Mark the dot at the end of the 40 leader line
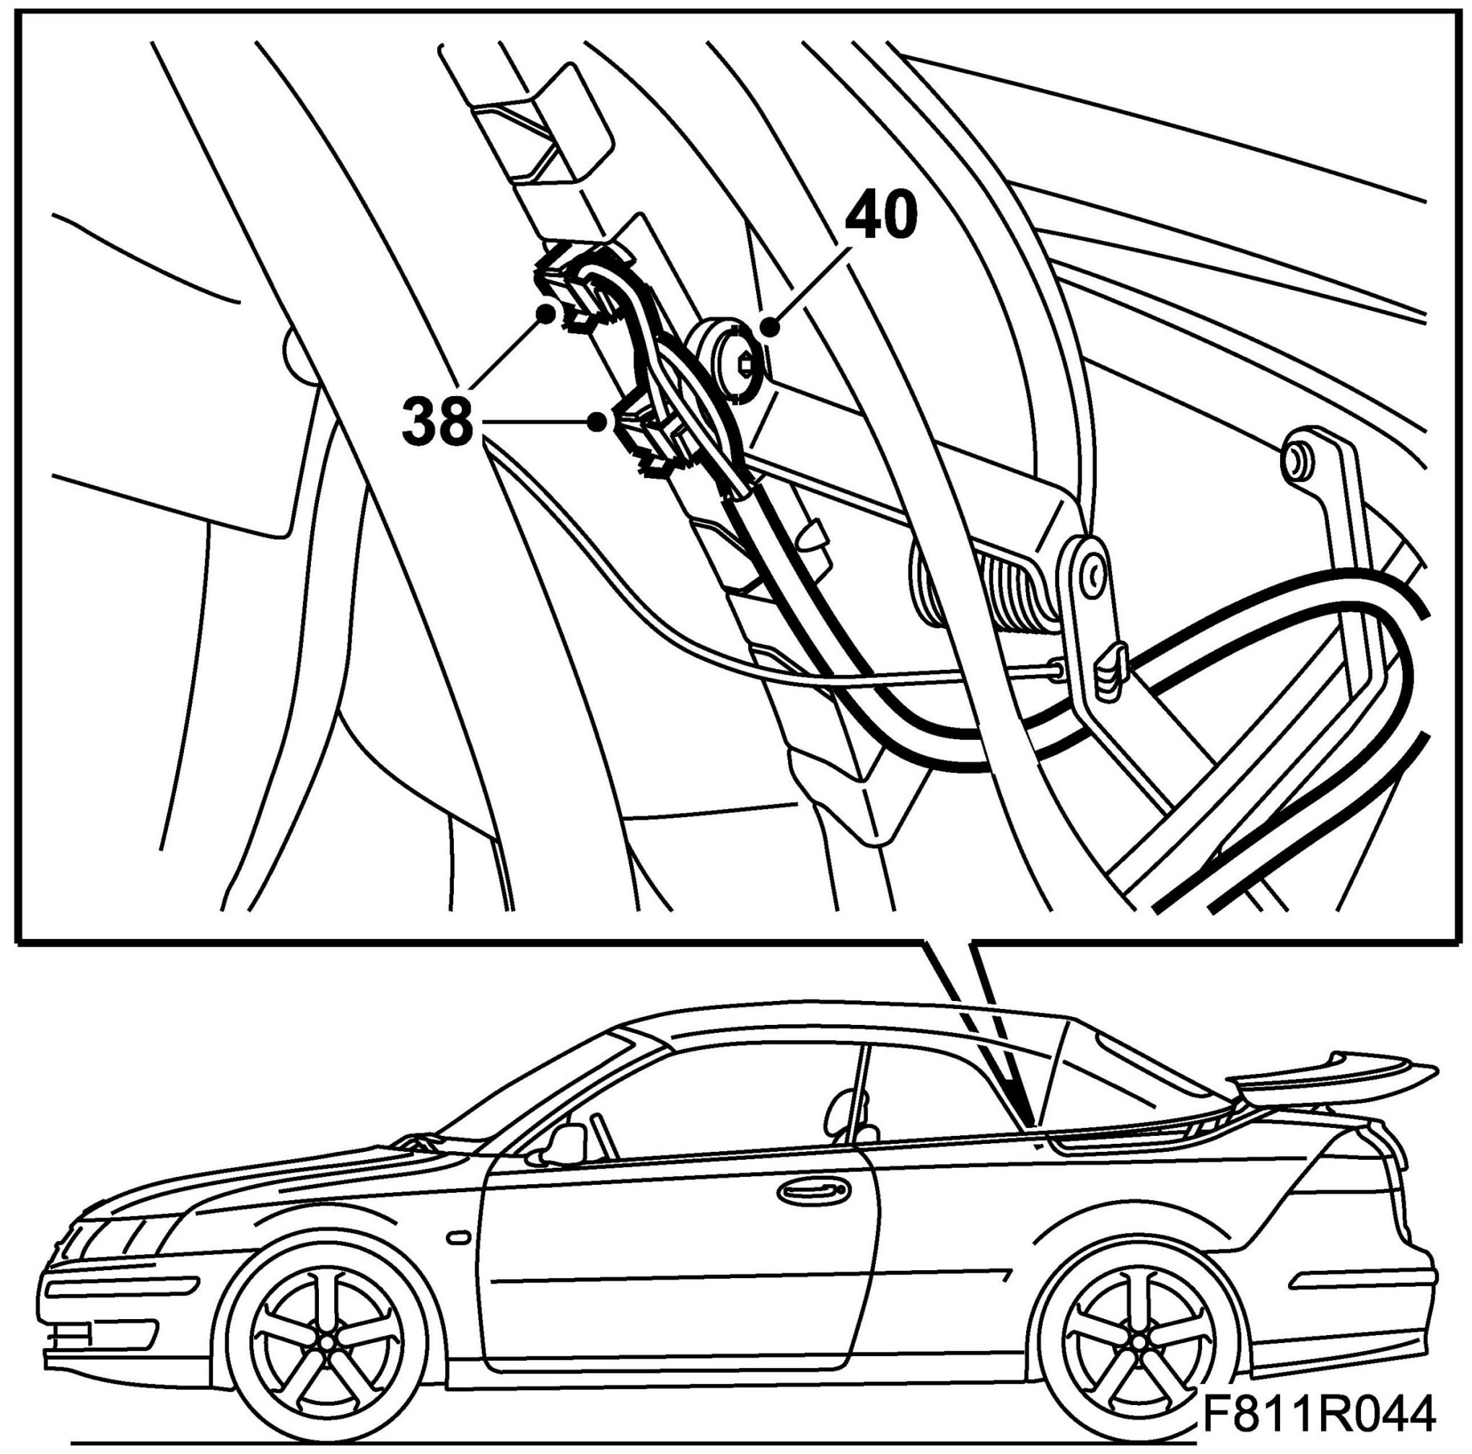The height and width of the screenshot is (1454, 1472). [x=771, y=328]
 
